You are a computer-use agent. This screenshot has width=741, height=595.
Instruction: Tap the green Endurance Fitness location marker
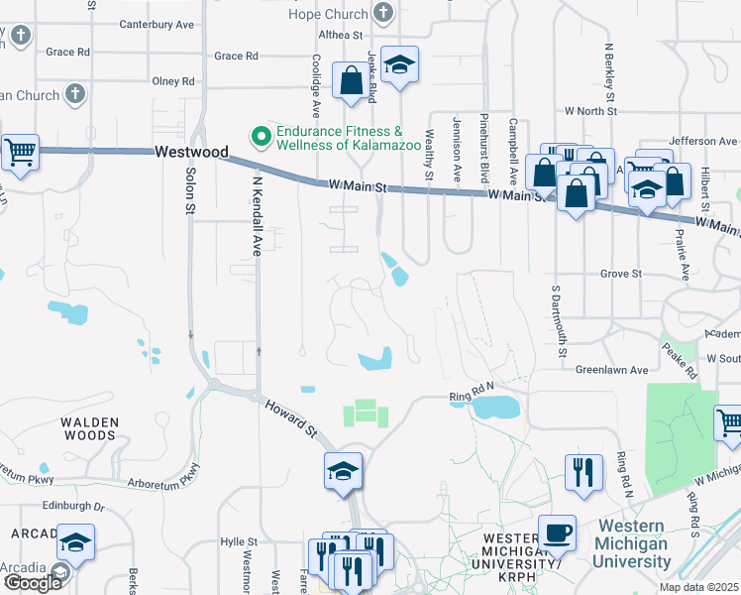coord(261,135)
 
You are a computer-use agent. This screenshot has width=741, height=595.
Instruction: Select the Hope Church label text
coord(328,14)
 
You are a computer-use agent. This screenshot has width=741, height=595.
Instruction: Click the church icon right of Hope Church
coord(384,14)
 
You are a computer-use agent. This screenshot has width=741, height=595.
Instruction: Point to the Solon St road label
coord(190,189)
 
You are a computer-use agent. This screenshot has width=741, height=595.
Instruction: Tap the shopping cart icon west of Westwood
coord(19,153)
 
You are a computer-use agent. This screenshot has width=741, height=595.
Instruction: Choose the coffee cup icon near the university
coord(557,532)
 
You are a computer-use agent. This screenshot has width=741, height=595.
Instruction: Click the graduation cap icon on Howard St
coord(342,470)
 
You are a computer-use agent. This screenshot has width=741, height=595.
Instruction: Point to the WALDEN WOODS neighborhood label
coord(89,428)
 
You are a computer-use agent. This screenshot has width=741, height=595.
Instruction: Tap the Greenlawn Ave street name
coord(611,370)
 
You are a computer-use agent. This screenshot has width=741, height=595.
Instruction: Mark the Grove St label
coord(621,273)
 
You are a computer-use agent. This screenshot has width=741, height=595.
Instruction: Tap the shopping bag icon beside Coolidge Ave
coord(351,81)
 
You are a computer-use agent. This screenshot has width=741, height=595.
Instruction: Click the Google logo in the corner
coord(34,583)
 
